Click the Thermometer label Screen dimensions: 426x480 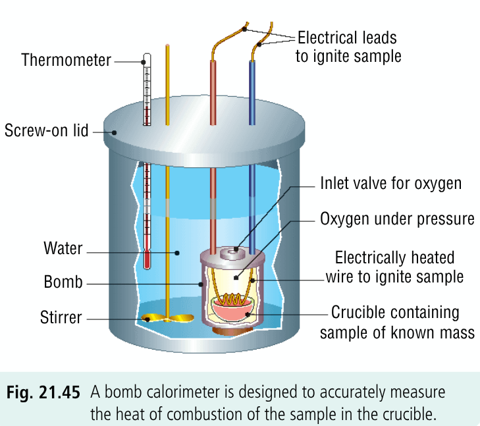click(66, 61)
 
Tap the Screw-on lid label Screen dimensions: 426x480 click(45, 130)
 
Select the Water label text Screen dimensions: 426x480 click(63, 249)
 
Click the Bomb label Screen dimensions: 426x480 click(63, 282)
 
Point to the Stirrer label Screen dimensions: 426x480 click(61, 318)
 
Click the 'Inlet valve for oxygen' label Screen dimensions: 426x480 click(390, 184)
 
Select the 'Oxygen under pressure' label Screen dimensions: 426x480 click(397, 218)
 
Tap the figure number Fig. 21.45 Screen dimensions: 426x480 click(44, 394)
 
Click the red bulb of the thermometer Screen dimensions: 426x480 click(148, 259)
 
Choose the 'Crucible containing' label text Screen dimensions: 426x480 click(395, 311)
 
